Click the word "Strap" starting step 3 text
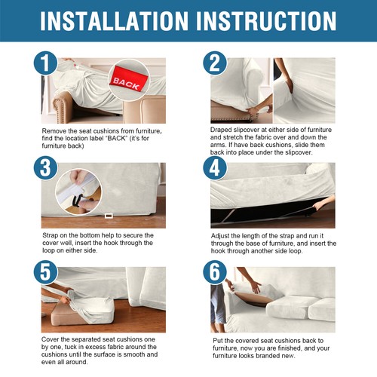coord(52,235)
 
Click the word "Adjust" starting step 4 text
coord(222,236)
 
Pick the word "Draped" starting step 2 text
coord(224,130)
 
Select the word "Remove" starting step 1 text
coord(55,132)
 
